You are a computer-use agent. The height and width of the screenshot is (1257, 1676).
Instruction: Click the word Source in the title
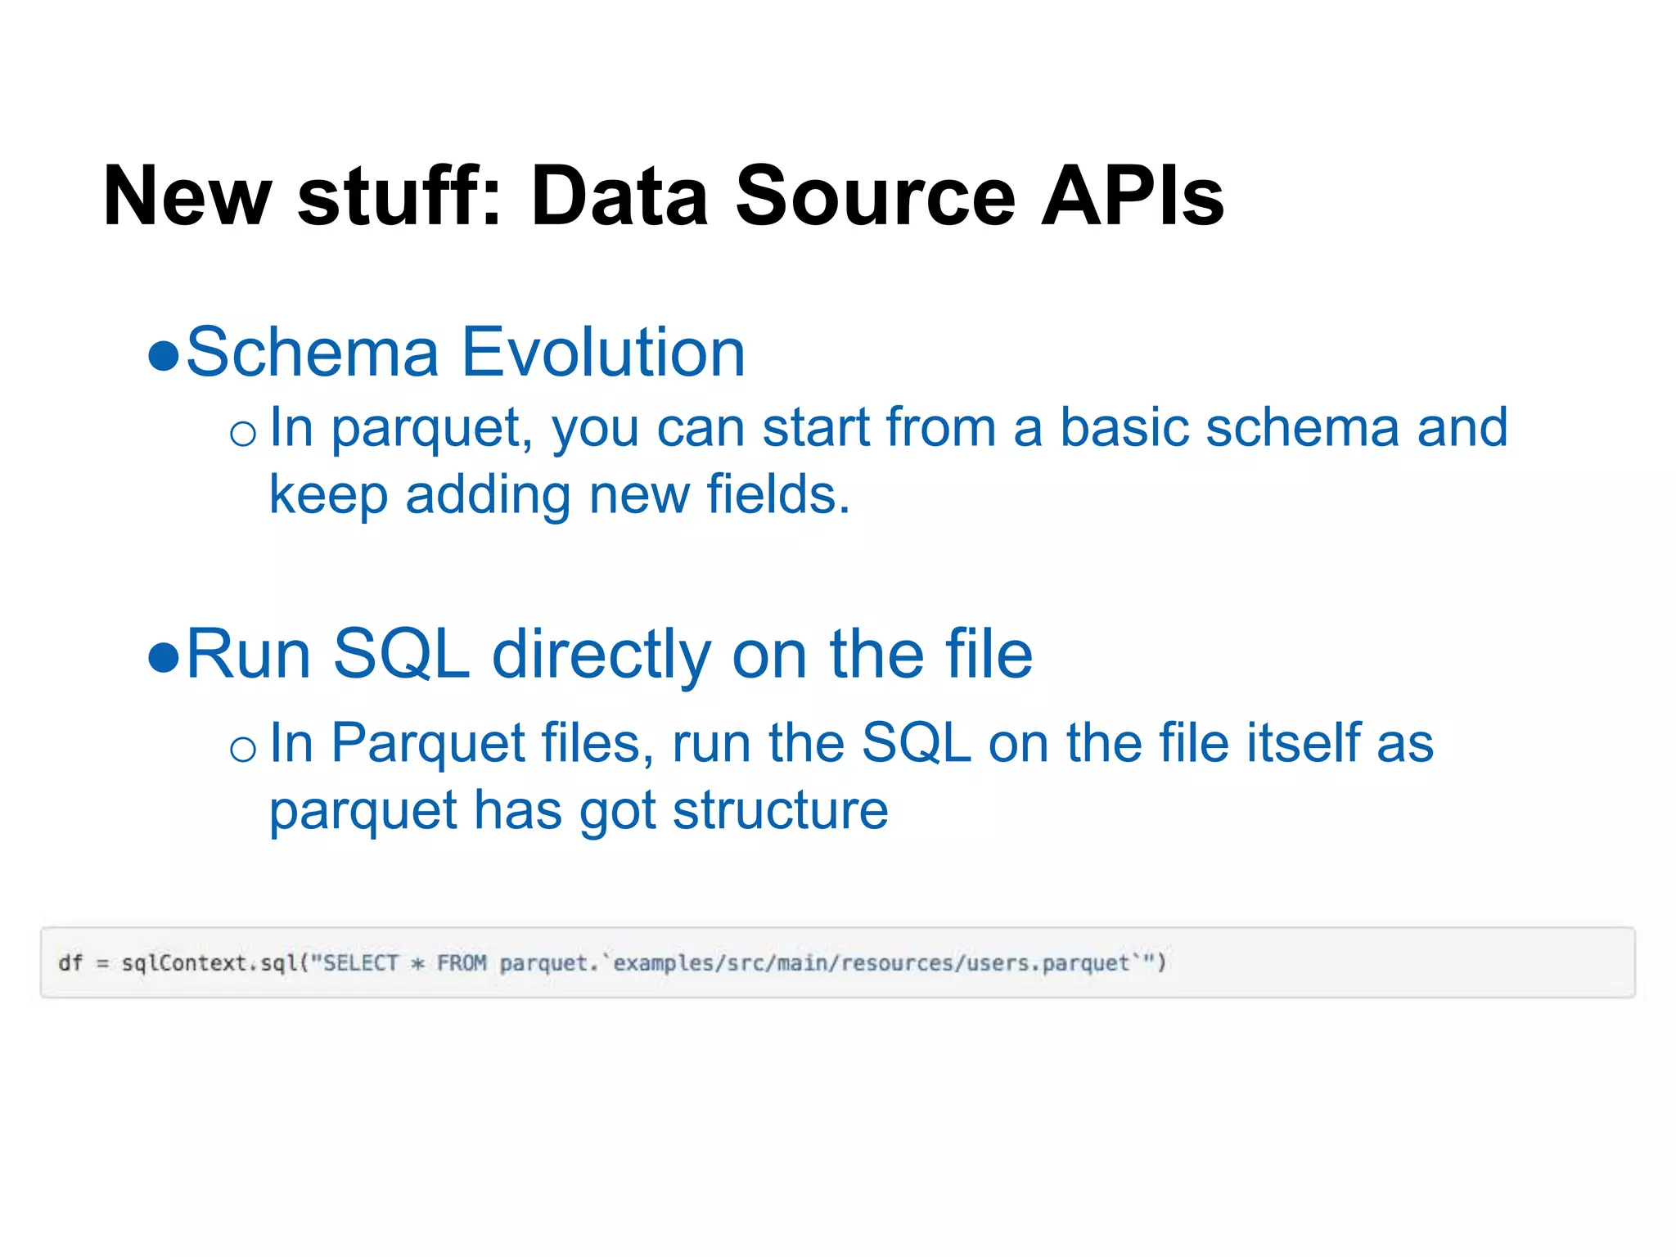pyautogui.click(x=875, y=196)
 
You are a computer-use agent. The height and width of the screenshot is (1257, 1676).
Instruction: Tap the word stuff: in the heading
pyautogui.click(x=399, y=196)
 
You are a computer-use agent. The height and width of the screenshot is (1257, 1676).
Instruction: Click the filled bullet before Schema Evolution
pyautogui.click(x=164, y=356)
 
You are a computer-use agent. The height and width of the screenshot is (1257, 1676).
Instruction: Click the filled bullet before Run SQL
pyautogui.click(x=164, y=657)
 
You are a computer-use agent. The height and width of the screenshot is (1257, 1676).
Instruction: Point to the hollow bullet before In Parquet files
pyautogui.click(x=243, y=748)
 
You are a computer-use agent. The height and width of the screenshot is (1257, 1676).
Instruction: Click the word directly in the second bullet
pyautogui.click(x=601, y=655)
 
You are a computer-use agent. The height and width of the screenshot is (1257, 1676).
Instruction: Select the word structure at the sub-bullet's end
pyautogui.click(x=780, y=810)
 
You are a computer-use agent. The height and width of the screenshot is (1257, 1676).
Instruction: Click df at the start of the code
pyautogui.click(x=70, y=962)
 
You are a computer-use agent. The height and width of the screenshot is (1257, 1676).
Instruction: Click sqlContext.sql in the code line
pyautogui.click(x=209, y=962)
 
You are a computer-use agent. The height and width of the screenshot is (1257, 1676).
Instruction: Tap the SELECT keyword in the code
pyautogui.click(x=361, y=962)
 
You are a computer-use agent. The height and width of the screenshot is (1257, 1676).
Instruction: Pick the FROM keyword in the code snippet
pyautogui.click(x=462, y=962)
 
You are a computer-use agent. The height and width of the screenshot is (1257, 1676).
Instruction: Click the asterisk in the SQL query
pyautogui.click(x=417, y=963)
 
